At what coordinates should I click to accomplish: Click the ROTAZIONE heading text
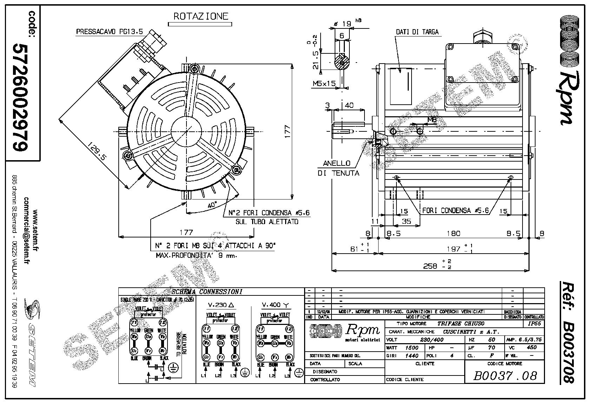(201, 16)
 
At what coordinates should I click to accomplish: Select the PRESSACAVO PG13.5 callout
(109, 32)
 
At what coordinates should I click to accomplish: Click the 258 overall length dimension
(431, 266)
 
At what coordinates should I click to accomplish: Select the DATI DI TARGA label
(417, 32)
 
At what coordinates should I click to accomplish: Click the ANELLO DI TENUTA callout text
(337, 168)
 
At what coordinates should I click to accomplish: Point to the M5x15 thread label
(324, 84)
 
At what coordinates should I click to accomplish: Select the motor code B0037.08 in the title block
(505, 376)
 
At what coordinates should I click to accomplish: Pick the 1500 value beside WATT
(412, 347)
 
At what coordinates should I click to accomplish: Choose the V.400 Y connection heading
(276, 305)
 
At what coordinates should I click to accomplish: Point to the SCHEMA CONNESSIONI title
(207, 292)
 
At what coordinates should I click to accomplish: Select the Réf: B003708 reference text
(567, 332)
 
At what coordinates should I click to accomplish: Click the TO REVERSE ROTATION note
(182, 345)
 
